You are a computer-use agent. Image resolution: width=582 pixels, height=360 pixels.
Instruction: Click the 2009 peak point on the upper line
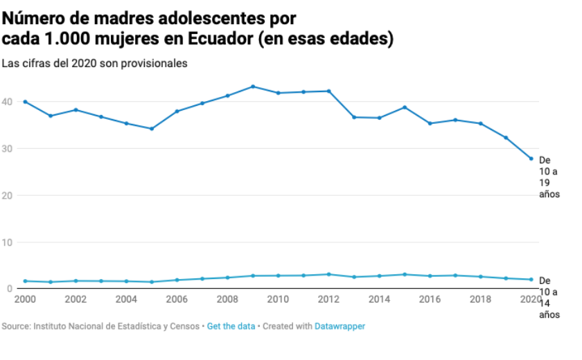(x=253, y=87)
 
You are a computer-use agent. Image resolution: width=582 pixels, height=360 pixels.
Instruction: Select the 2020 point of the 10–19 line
(x=531, y=159)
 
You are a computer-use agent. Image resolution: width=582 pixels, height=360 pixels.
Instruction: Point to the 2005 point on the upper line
(x=152, y=129)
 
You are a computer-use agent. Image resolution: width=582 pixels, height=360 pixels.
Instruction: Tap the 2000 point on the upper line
(x=25, y=102)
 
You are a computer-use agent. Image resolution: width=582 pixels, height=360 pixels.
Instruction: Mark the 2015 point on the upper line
(x=405, y=107)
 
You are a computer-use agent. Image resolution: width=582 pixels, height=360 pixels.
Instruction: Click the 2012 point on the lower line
(x=329, y=274)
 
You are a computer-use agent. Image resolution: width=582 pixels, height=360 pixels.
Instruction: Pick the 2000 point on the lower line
(x=25, y=281)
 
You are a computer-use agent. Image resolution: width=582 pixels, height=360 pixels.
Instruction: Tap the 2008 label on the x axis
(x=227, y=299)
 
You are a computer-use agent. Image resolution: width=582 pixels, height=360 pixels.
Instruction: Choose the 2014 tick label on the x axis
(x=379, y=299)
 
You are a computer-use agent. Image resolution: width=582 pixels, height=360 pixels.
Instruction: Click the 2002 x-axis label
(x=76, y=299)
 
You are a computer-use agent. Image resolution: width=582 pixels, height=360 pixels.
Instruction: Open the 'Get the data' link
(x=231, y=325)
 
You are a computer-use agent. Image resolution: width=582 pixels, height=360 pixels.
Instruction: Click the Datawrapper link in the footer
(x=339, y=325)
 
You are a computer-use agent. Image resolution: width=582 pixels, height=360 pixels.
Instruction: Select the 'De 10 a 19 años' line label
(x=549, y=177)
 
